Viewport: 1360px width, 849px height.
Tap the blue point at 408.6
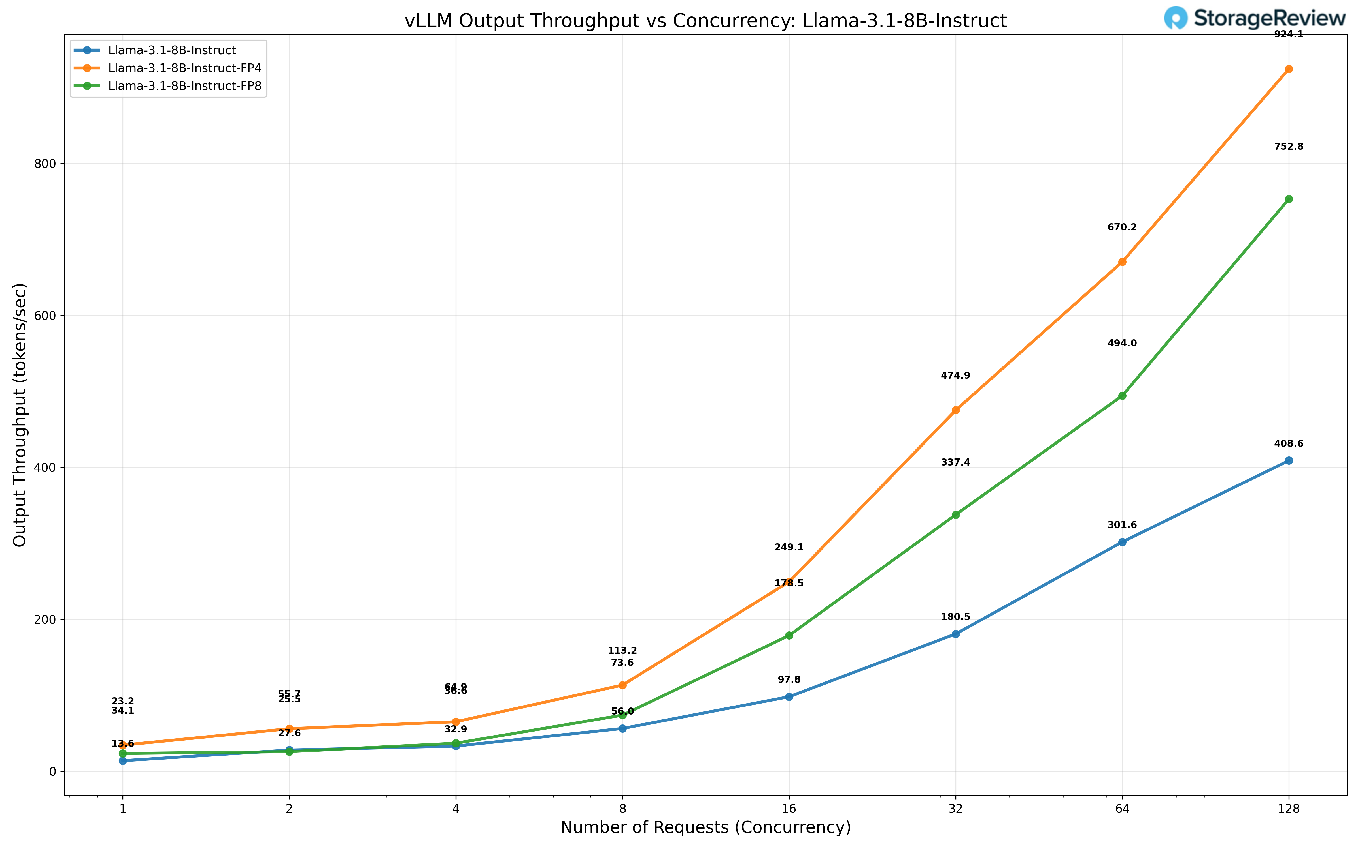[x=1289, y=460]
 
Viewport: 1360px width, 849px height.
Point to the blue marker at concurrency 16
[x=789, y=697]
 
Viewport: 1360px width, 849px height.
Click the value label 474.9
[x=955, y=376]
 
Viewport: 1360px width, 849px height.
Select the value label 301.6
[x=1122, y=525]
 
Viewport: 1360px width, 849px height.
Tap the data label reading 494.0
[x=1122, y=343]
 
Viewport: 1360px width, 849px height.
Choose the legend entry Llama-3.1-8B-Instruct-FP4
[x=184, y=68]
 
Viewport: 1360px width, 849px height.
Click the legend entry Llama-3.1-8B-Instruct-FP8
[x=184, y=86]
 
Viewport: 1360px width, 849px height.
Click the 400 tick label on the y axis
[x=50, y=468]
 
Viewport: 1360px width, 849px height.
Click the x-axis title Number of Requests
[x=706, y=828]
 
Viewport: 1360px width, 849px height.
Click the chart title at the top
[x=706, y=21]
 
